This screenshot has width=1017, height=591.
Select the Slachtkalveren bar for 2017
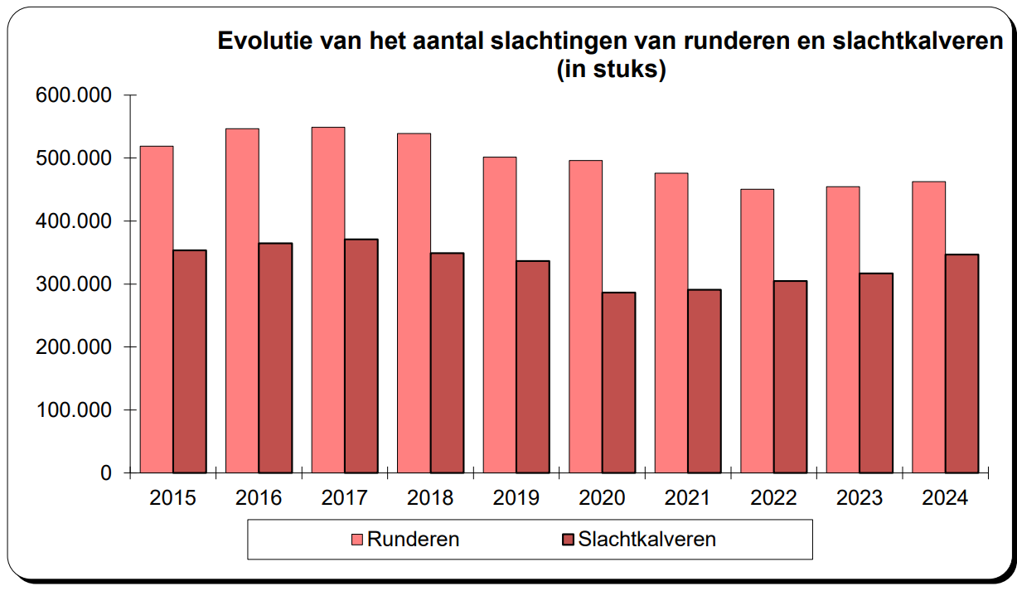tap(361, 356)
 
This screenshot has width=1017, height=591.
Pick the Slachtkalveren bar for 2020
tap(618, 382)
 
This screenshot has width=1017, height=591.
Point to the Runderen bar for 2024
tap(929, 327)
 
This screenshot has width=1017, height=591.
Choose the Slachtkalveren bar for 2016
tap(275, 357)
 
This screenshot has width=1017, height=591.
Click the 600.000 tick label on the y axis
tap(73, 95)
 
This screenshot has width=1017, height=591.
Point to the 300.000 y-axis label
tap(73, 284)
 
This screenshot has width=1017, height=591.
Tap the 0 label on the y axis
tap(106, 473)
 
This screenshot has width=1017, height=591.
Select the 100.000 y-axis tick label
tap(73, 410)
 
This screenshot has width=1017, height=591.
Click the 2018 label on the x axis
tap(430, 498)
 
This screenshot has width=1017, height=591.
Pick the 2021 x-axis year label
tap(688, 498)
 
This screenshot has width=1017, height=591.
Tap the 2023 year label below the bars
tap(860, 498)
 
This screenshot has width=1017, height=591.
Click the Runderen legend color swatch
tap(357, 540)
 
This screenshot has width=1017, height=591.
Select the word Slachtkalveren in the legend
tap(647, 540)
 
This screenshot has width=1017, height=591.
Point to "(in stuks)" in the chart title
tap(612, 70)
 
